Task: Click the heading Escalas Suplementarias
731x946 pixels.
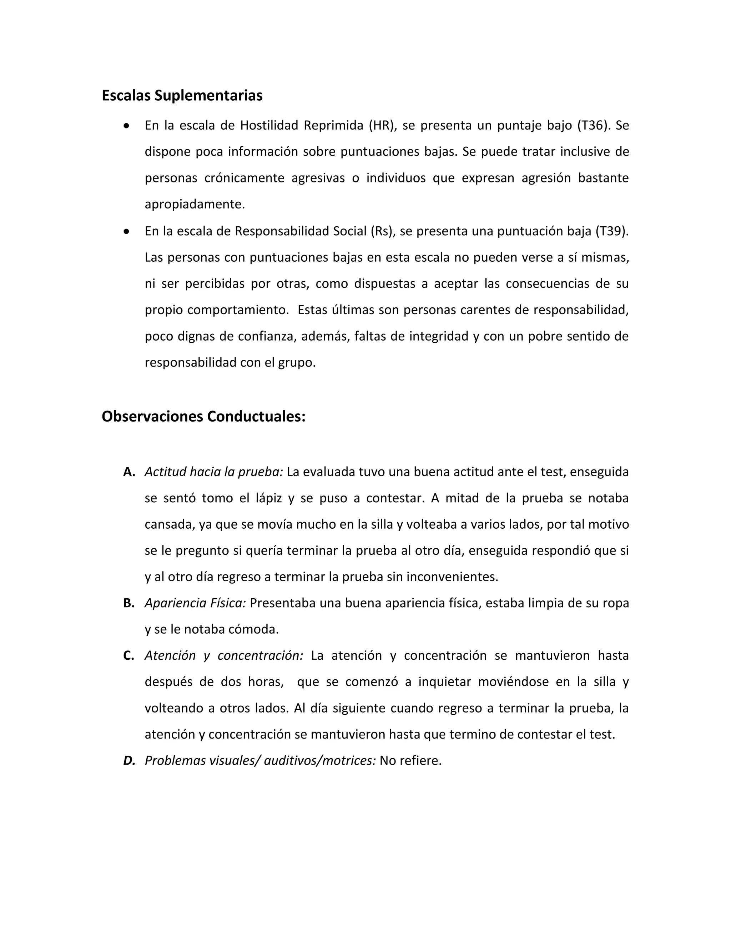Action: pyautogui.click(x=182, y=96)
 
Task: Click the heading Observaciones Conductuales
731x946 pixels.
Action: pyautogui.click(x=203, y=417)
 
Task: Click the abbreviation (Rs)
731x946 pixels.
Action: pyautogui.click(x=383, y=231)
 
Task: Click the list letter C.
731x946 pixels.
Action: pyautogui.click(x=128, y=656)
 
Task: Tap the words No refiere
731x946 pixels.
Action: pyautogui.click(x=410, y=761)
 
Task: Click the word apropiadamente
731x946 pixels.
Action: pyautogui.click(x=195, y=205)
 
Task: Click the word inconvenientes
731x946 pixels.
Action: pyautogui.click(x=452, y=577)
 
